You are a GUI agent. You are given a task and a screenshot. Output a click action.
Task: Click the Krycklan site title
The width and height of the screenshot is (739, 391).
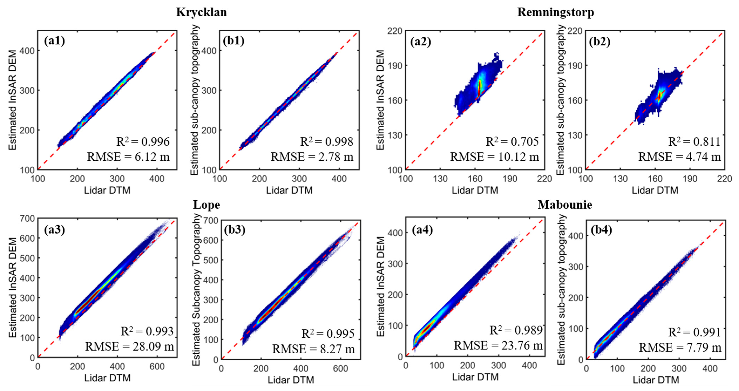[201, 12]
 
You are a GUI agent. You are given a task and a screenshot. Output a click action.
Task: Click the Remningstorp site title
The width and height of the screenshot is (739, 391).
[555, 12]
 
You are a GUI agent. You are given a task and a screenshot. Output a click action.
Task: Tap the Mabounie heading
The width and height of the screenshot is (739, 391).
[565, 205]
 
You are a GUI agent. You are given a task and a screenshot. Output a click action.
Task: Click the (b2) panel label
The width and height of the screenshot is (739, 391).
[600, 42]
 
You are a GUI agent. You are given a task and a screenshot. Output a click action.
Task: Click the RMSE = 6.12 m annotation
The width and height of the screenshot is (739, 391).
[128, 157]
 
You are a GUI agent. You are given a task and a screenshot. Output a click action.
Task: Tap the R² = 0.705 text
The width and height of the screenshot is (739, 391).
[512, 142]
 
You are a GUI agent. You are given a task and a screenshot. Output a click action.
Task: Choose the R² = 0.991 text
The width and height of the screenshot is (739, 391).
[694, 332]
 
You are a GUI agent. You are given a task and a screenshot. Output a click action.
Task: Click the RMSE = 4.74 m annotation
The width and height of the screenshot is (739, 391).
[679, 157]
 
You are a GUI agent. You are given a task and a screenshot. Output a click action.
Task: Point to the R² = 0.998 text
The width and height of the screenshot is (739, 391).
[326, 142]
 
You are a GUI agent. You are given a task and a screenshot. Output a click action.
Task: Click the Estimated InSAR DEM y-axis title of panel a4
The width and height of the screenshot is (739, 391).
[380, 286]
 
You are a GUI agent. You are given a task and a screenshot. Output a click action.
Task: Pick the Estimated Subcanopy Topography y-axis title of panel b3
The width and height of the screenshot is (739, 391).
[196, 290]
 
